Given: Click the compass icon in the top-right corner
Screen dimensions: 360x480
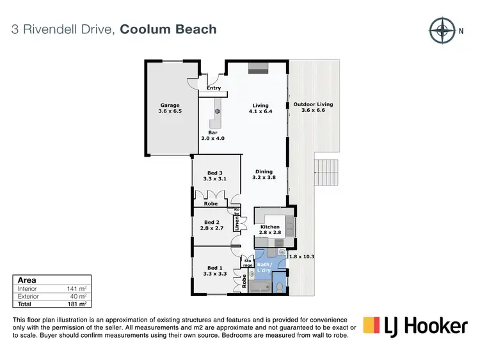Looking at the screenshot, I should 440,29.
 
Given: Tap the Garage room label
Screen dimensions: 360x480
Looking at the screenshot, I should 170,108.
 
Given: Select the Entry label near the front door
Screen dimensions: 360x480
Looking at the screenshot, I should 214,88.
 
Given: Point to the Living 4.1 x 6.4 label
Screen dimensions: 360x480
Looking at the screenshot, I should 260,109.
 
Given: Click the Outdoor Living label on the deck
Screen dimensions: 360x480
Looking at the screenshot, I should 313,107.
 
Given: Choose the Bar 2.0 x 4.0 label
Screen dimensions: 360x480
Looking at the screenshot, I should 213,136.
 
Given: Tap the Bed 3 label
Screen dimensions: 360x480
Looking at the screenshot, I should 215,176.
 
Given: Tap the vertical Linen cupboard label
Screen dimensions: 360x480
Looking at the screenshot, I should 236,224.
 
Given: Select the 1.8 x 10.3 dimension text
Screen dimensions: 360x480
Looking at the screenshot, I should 303,256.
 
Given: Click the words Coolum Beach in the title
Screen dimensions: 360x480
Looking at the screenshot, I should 168,29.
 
